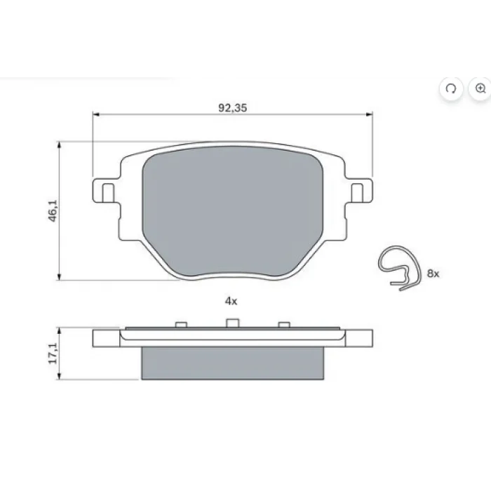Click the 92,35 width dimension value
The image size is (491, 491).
tap(233, 108)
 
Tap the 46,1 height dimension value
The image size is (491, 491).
tap(53, 210)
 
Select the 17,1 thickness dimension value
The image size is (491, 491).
tap(53, 354)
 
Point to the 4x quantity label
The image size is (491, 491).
tap(231, 301)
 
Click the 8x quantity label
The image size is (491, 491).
tap(433, 274)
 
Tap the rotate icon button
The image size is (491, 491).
tap(451, 88)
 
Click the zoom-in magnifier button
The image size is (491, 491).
tap(480, 88)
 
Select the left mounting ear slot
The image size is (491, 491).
tap(108, 193)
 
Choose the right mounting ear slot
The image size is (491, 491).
tap(357, 193)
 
